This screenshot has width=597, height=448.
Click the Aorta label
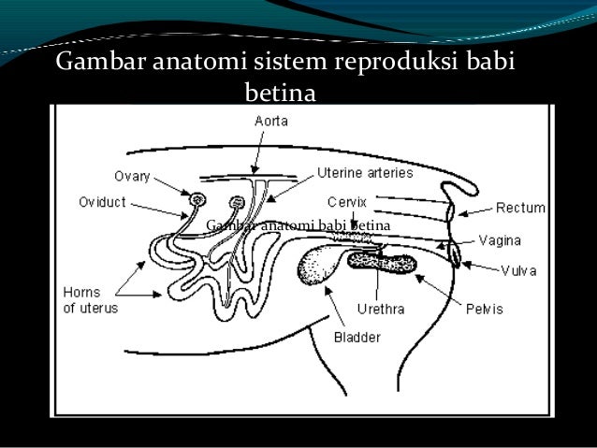coord(271,121)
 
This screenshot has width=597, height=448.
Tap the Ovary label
coord(132,176)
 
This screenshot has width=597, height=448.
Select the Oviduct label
coord(104,200)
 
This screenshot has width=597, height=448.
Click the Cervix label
coord(346,200)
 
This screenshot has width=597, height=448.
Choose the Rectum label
coord(520,208)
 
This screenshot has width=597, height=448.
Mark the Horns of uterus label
coord(90,301)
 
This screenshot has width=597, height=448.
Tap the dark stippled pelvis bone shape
coord(383,264)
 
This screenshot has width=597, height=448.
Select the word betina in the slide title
coord(280,94)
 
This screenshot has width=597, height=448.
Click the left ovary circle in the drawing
coord(197,200)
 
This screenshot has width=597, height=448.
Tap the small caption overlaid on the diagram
coord(297,225)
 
